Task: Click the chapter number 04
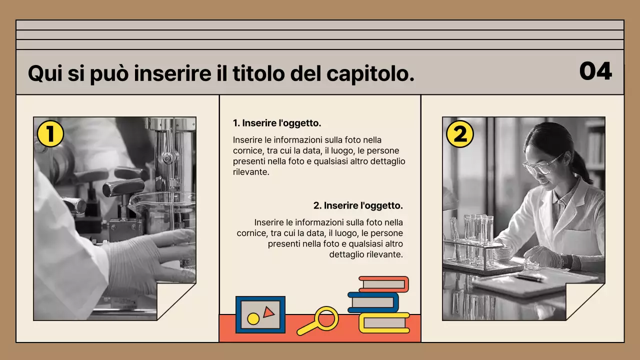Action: (595, 71)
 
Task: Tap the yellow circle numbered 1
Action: (50, 134)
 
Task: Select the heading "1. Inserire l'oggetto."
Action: (277, 123)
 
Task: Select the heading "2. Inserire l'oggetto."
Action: (358, 205)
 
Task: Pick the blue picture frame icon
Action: (260, 315)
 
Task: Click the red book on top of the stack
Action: (383, 284)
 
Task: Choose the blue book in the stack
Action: (373, 302)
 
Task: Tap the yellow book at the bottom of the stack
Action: (384, 322)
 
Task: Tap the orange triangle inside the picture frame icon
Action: (268, 312)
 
